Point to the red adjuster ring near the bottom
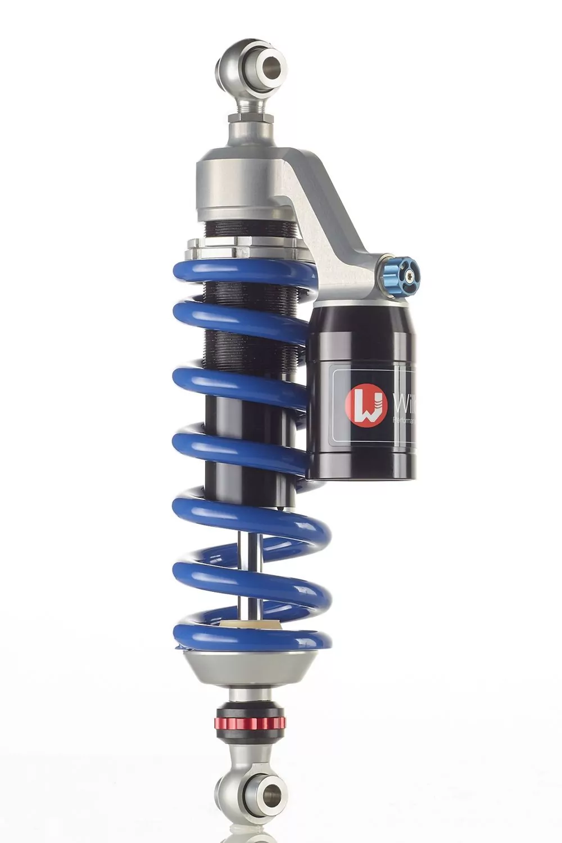tap(251, 721)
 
